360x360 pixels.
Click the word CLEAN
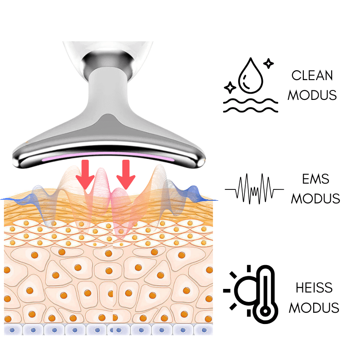point(312,75)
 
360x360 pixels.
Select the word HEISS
point(314,287)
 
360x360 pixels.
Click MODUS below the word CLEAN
point(312,95)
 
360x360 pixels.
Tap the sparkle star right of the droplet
point(268,63)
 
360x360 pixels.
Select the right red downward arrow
point(126,175)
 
